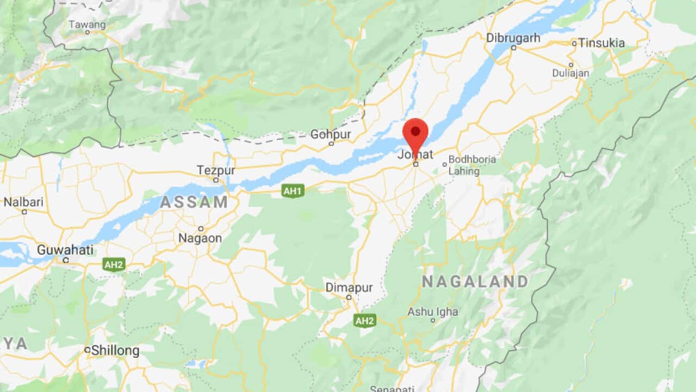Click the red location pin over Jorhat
(415, 133)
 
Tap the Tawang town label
(87, 24)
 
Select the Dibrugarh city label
(513, 38)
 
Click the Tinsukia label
(601, 42)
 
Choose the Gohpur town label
(331, 134)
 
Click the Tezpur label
(216, 170)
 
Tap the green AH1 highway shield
(293, 191)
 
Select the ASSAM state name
(194, 202)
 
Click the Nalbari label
(23, 202)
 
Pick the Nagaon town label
(200, 238)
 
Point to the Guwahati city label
(65, 250)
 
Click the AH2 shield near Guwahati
(114, 265)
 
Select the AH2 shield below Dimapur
(364, 320)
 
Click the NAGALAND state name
(475, 281)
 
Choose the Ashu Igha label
(433, 313)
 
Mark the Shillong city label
(115, 351)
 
